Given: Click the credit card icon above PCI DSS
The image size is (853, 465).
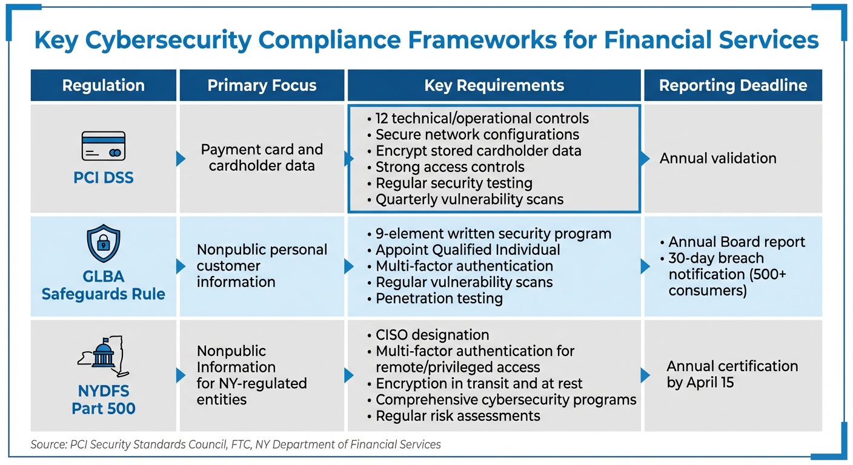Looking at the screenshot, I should click(x=103, y=146).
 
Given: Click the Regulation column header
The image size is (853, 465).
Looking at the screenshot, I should click(x=103, y=85).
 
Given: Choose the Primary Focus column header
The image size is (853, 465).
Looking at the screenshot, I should click(x=262, y=85).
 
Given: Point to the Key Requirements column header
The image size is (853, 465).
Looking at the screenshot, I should click(x=494, y=85).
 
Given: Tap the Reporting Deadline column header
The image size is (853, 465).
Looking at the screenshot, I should click(x=732, y=85).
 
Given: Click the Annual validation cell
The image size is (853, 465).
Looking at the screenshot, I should click(x=717, y=159).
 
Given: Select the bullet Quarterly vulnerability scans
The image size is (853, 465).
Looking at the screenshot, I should click(x=469, y=199).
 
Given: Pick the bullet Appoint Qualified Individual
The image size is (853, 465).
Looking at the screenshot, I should click(x=467, y=249).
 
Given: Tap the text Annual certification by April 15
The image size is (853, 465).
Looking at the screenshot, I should click(x=732, y=374).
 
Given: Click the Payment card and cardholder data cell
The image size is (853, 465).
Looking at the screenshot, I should click(x=262, y=157).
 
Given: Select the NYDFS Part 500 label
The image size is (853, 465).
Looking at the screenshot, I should click(x=103, y=400).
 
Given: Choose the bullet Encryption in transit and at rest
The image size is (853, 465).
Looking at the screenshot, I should click(x=479, y=383).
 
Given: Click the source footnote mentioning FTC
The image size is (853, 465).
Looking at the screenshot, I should click(x=236, y=444).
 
